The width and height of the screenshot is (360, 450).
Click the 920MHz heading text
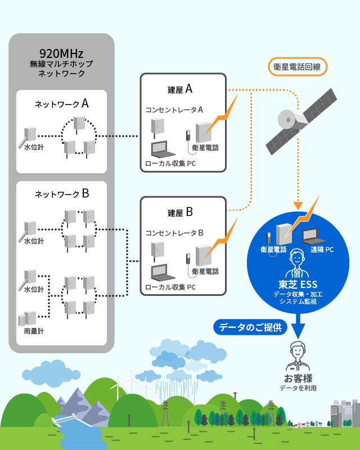coord(61,53)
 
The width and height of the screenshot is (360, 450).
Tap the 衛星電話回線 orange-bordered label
coord(296,66)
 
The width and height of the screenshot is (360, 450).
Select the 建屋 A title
coord(180,89)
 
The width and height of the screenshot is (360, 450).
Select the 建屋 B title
coord(180,212)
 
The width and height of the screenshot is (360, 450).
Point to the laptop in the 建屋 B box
coord(163,273)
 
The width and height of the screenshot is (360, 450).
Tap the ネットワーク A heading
coord(61,104)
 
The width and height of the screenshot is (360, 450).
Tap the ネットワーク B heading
coord(61,194)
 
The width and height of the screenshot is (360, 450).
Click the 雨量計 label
coord(34,331)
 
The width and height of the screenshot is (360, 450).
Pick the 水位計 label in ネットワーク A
coord(34,147)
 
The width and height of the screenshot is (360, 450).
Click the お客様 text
coord(298,378)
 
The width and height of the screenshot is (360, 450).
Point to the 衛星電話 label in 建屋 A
coord(205,148)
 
